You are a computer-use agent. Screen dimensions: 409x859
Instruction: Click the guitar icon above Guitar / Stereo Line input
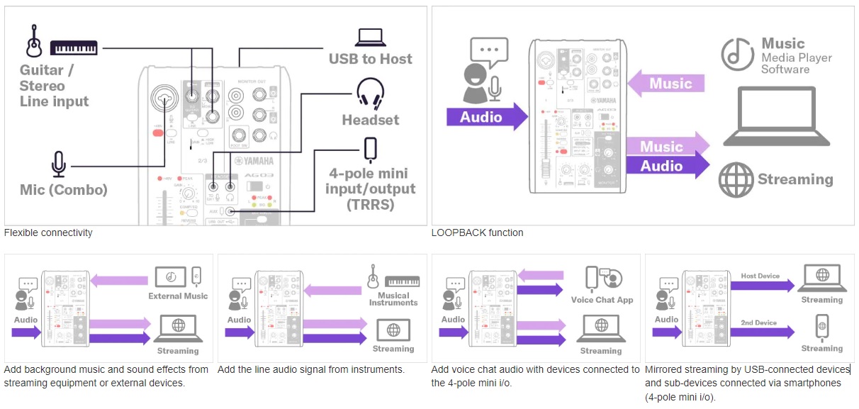pyautogui.click(x=32, y=43)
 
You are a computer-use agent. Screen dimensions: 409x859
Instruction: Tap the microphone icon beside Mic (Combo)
pyautogui.click(x=59, y=164)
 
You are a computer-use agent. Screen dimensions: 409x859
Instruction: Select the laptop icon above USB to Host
pyautogui.click(x=371, y=37)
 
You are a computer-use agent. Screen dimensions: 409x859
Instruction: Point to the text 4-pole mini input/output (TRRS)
pyautogui.click(x=371, y=189)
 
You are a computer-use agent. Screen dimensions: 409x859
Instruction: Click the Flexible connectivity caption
pyautogui.click(x=48, y=232)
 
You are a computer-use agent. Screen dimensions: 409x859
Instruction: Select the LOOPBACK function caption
pyautogui.click(x=477, y=232)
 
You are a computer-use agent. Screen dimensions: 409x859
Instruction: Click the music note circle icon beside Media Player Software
pyautogui.click(x=737, y=55)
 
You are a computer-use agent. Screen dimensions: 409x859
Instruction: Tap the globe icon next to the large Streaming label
pyautogui.click(x=735, y=179)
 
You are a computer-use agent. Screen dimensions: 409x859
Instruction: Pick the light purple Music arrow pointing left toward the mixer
pyautogui.click(x=667, y=84)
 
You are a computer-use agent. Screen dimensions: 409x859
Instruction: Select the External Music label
pyautogui.click(x=178, y=296)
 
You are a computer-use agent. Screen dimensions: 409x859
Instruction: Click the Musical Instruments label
pyautogui.click(x=393, y=299)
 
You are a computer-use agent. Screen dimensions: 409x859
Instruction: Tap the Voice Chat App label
pyautogui.click(x=602, y=300)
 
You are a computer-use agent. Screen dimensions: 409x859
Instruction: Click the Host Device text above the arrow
pyautogui.click(x=760, y=276)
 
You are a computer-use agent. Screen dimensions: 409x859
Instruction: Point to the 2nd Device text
pyautogui.click(x=759, y=323)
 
